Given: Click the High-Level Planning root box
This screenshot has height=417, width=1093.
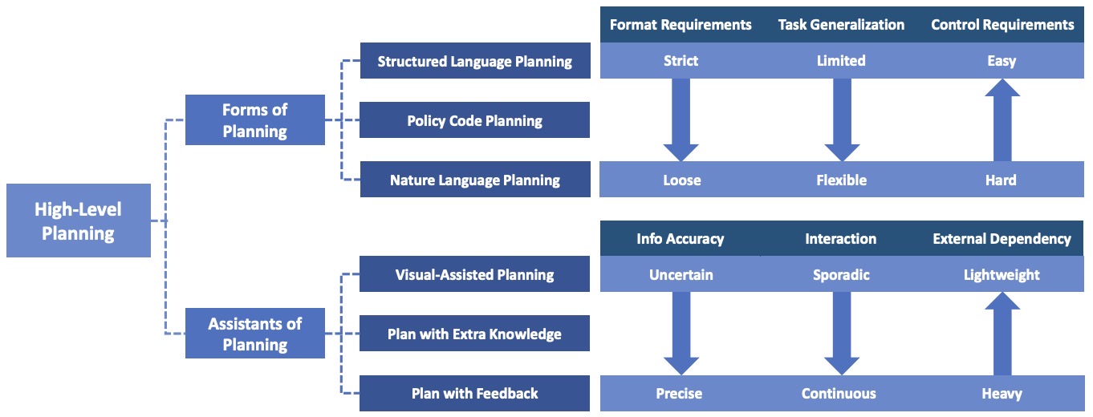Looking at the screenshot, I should [x=78, y=221].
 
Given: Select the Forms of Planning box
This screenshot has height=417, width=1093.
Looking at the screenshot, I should [x=255, y=120].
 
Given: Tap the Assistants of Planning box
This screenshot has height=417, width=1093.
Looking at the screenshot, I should [x=255, y=334].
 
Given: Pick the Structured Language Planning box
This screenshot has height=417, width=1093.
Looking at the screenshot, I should [x=474, y=61].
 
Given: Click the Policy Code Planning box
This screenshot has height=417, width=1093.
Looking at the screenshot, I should [x=474, y=120].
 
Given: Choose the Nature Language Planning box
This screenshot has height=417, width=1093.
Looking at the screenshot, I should [x=474, y=180].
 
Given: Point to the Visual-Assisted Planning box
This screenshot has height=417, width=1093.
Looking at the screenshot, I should [x=474, y=274].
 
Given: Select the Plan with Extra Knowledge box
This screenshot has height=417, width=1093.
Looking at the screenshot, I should [x=474, y=334].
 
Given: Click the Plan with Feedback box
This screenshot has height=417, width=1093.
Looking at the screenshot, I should [x=474, y=393].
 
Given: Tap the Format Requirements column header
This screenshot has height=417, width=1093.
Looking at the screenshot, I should [x=681, y=25].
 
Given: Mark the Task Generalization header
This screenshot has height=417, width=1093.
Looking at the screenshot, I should [x=841, y=25].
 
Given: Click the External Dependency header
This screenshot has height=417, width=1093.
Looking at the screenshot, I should [x=1002, y=238].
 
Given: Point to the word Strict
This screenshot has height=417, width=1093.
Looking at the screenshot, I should [x=681, y=61].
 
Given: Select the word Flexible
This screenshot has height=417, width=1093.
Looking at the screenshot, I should [x=841, y=180].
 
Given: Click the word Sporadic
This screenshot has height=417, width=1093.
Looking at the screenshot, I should [x=841, y=274].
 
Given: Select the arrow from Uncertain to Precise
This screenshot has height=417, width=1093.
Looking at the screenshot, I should [x=681, y=332].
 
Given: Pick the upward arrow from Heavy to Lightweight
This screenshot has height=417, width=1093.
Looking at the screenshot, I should [x=1002, y=332].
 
